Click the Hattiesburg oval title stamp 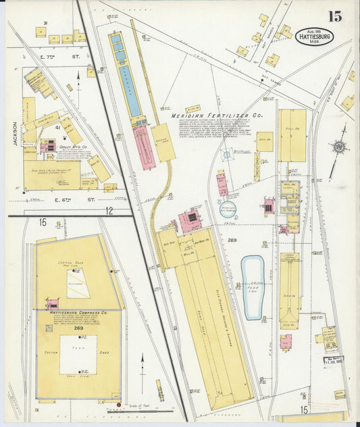[314, 36]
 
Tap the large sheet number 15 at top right [335, 16]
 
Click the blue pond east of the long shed [253, 286]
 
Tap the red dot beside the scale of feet [119, 405]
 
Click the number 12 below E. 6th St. [108, 211]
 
